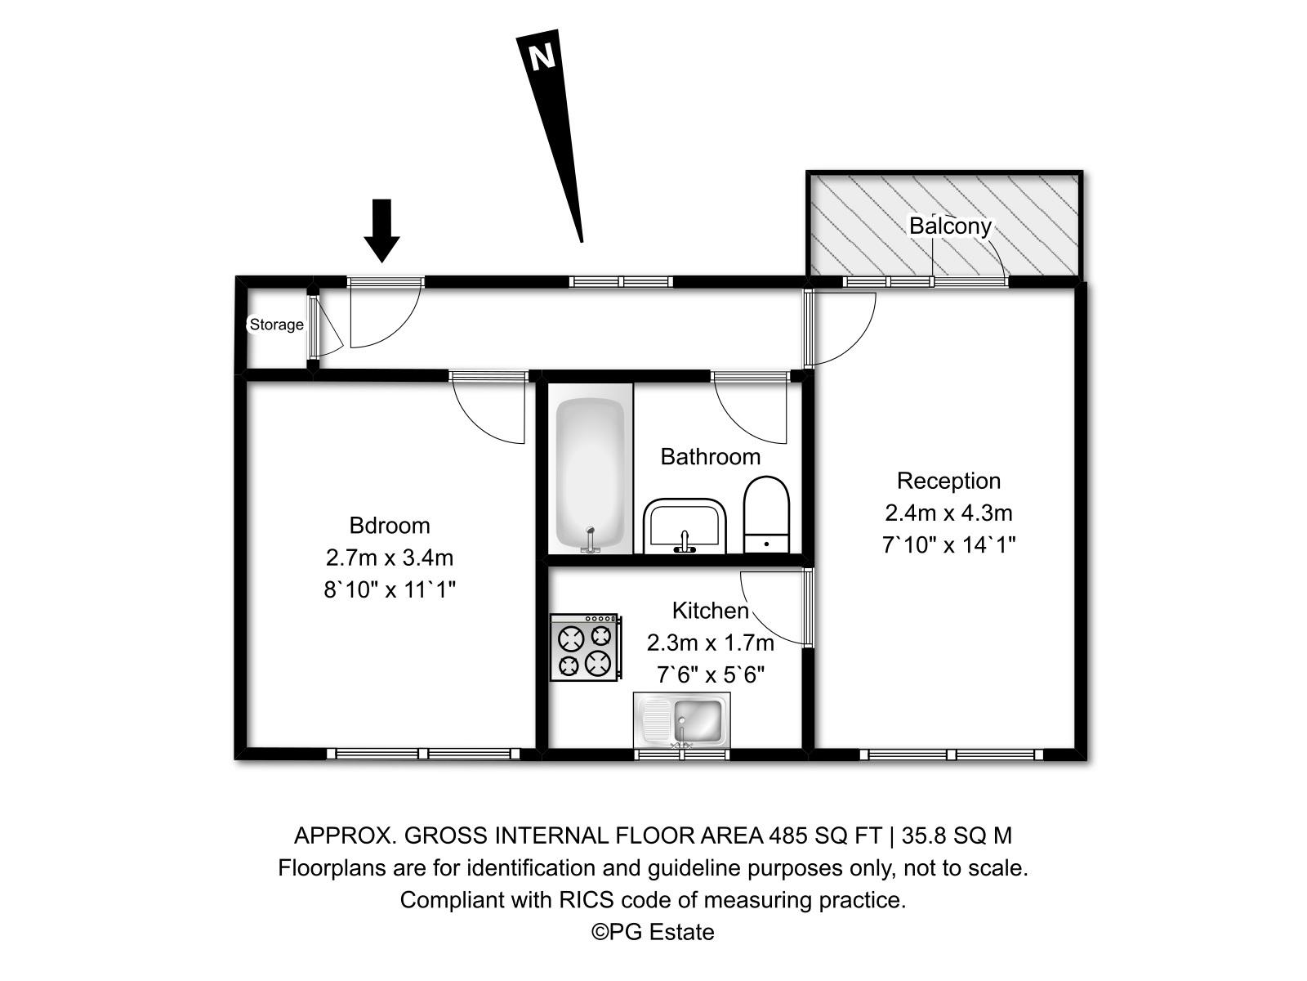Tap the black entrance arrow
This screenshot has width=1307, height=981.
click(381, 229)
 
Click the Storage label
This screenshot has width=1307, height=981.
click(276, 325)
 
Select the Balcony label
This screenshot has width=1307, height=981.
click(950, 226)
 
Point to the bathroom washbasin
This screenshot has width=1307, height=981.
click(685, 526)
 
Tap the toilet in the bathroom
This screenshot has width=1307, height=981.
click(766, 515)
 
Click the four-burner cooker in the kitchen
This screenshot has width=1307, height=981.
click(585, 647)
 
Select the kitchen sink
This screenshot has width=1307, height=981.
click(682, 719)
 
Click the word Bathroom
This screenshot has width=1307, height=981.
click(710, 456)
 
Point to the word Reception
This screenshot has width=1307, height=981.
click(948, 481)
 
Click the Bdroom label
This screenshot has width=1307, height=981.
click(389, 525)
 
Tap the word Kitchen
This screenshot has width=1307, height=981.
click(710, 611)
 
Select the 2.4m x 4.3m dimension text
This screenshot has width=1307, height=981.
click(948, 513)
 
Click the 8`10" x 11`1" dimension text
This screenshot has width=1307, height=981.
click(389, 589)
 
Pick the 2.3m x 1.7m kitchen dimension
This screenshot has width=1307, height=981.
click(710, 643)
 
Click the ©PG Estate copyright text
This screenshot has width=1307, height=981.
click(653, 932)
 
